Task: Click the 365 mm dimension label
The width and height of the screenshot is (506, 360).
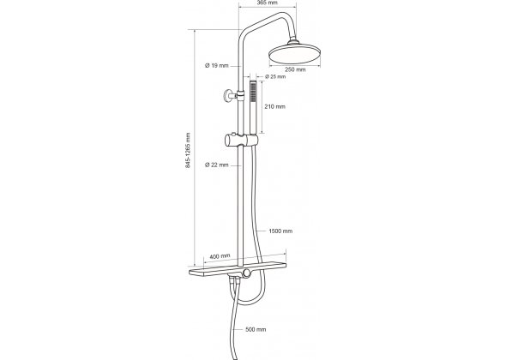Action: tap(268, 3)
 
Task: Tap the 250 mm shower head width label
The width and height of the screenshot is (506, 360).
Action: tap(295, 69)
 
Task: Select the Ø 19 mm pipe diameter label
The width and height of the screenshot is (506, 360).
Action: tap(216, 65)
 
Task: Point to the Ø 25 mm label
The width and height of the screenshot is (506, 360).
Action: tap(275, 77)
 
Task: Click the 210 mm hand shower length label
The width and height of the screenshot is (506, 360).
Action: tap(275, 106)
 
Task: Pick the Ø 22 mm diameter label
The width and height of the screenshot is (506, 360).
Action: tap(216, 165)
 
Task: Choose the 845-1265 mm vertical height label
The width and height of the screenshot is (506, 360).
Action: tap(188, 150)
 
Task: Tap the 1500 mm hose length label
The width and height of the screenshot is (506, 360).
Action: tap(280, 231)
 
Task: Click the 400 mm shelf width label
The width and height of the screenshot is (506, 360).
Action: tap(220, 256)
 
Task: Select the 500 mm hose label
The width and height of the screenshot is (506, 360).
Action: tap(256, 329)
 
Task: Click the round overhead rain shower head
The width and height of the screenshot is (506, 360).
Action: tap(295, 54)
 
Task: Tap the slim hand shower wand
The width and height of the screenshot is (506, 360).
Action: tap(253, 107)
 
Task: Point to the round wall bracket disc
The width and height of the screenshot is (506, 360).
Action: tap(227, 96)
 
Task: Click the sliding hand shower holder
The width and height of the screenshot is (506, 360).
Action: tap(241, 140)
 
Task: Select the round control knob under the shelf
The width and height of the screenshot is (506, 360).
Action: tap(247, 273)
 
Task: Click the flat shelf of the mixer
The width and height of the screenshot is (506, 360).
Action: tap(238, 268)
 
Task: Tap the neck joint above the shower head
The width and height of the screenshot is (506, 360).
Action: tap(293, 41)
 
